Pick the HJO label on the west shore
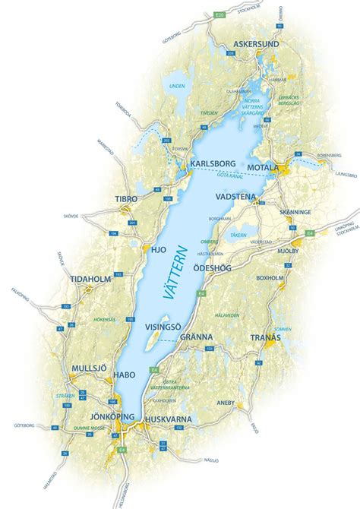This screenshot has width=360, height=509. (x=159, y=248)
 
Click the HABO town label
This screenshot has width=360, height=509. (x=125, y=375)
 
